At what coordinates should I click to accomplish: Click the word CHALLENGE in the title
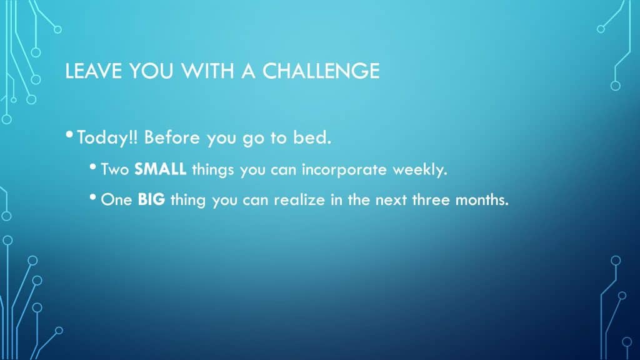coord(321,71)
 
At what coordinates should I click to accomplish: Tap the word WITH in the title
coord(207,71)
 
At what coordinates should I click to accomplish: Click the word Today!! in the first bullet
coord(107,138)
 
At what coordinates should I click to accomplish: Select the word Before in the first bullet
coord(172,137)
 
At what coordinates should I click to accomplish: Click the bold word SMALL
coord(161,169)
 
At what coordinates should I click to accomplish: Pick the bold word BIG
coord(151,199)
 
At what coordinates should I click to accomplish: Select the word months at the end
coord(482,199)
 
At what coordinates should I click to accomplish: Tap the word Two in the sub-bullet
coord(115,169)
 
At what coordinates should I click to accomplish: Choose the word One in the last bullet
coord(116,199)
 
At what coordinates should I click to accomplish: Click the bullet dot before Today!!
coord(69,134)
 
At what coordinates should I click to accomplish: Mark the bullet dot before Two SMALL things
coord(92,166)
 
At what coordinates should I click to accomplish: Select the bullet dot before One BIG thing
coord(92,197)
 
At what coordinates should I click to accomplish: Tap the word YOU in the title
coord(151,71)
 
